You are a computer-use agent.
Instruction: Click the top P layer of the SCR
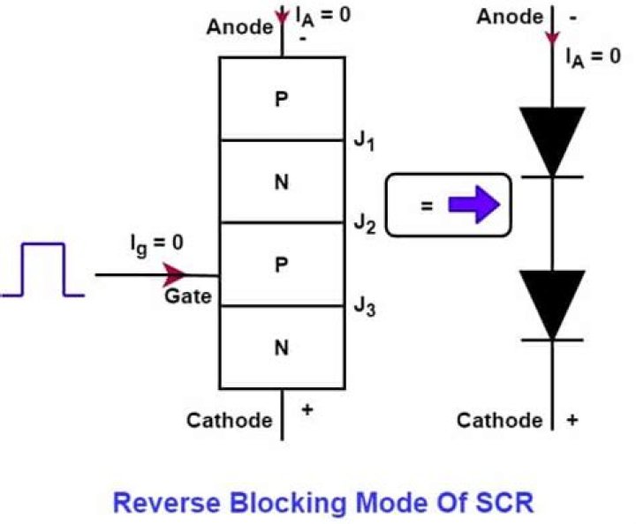pyautogui.click(x=281, y=99)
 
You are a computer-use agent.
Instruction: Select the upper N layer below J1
pyautogui.click(x=281, y=182)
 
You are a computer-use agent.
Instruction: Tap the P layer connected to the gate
pyautogui.click(x=281, y=265)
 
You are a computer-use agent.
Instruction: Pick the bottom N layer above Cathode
pyautogui.click(x=281, y=347)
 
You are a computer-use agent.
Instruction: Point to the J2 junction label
pyautogui.click(x=365, y=223)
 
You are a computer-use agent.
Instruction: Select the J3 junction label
pyautogui.click(x=365, y=306)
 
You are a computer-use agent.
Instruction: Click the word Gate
pyautogui.click(x=187, y=296)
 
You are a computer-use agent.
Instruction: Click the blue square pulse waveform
pyautogui.click(x=42, y=269)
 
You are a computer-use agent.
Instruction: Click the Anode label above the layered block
pyautogui.click(x=239, y=27)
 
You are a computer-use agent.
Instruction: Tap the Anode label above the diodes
pyautogui.click(x=509, y=17)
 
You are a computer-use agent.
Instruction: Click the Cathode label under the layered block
pyautogui.click(x=229, y=420)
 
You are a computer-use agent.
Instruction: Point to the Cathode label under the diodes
pyautogui.click(x=500, y=420)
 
